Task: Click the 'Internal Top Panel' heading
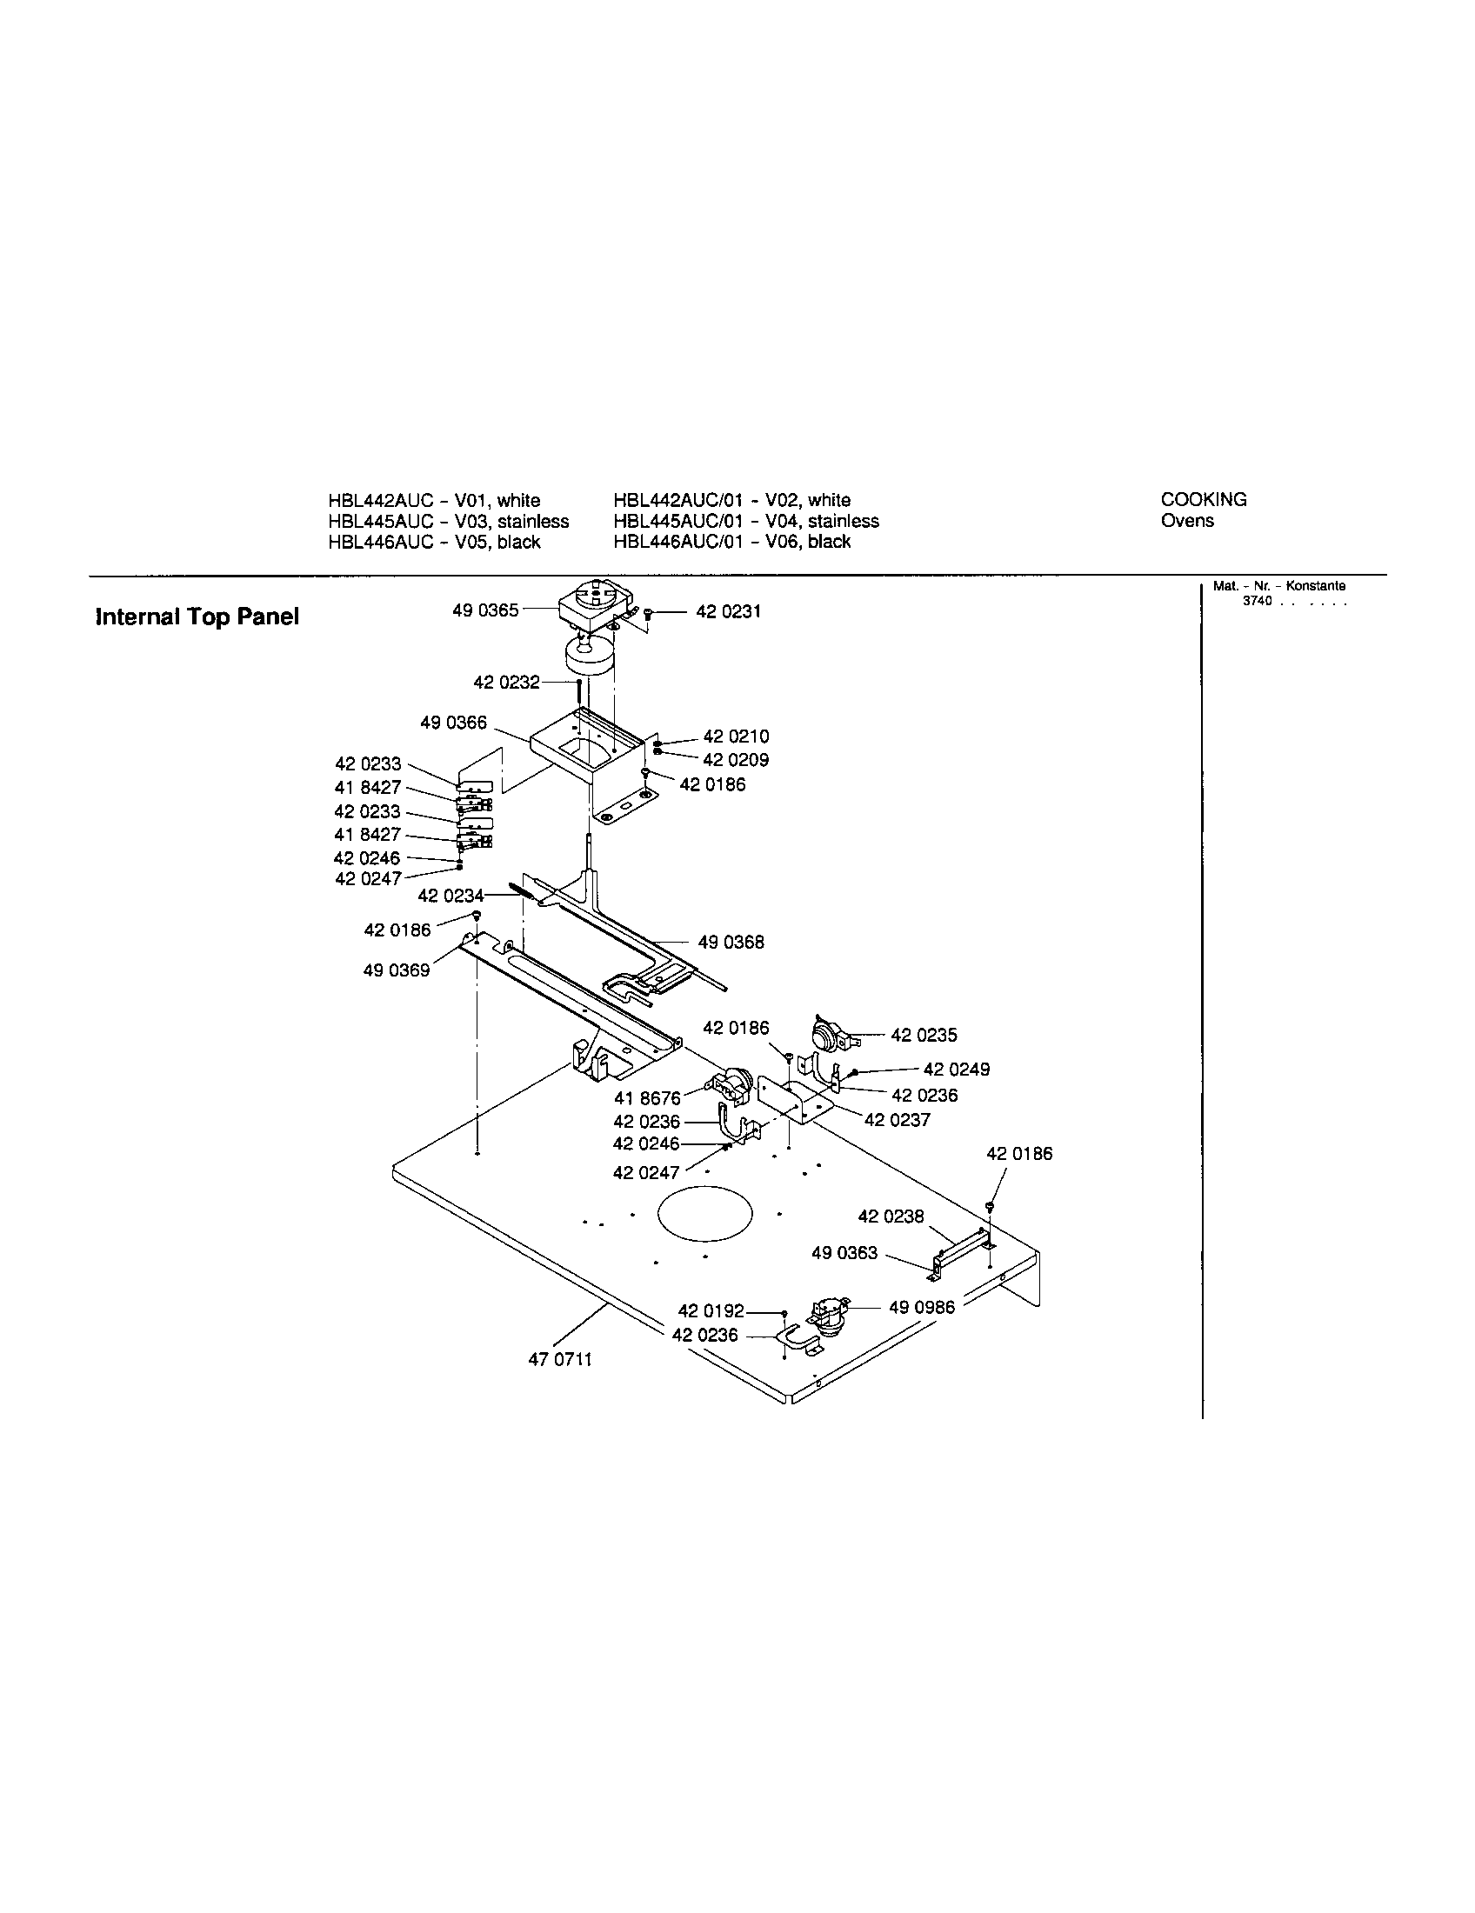[197, 617]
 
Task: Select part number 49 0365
[485, 610]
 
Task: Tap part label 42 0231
[728, 611]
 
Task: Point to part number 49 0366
[453, 723]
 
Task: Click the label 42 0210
[736, 737]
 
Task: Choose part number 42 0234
[451, 896]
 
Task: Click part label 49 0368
[731, 943]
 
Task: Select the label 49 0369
[396, 971]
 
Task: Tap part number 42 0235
[924, 1036]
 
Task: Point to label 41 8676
[647, 1099]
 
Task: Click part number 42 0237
[897, 1120]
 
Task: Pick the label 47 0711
[560, 1359]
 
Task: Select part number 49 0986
[921, 1308]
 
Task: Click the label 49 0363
[844, 1253]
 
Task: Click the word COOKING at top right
[1204, 500]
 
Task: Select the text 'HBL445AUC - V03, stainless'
[449, 521]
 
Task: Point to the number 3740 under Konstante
[1257, 601]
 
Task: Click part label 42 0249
[957, 1070]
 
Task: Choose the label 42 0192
[711, 1311]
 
